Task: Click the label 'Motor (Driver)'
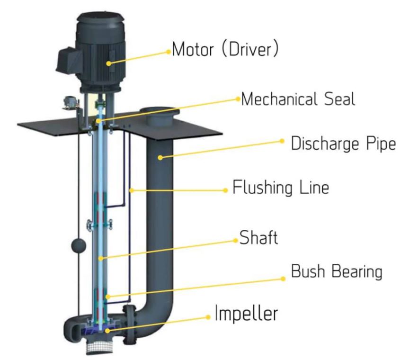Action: tap(225, 49)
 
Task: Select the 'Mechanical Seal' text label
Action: tap(298, 99)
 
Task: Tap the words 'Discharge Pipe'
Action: tap(343, 144)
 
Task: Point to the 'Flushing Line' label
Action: tap(280, 188)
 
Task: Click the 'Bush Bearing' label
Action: tap(336, 272)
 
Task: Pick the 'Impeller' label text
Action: tap(246, 314)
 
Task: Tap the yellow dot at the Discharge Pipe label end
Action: tap(282, 141)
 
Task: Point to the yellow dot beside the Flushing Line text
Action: tap(225, 190)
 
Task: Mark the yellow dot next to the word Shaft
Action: tap(235, 240)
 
